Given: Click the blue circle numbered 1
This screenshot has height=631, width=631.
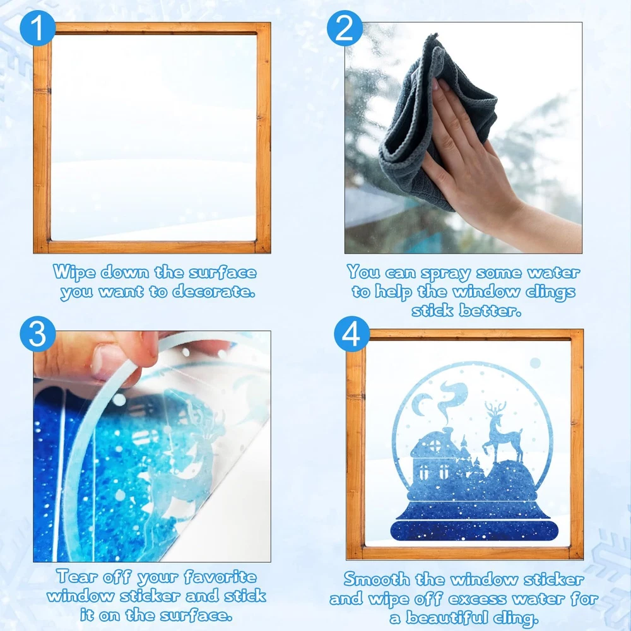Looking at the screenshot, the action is [x=37, y=28].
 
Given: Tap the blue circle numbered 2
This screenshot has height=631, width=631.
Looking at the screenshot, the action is [x=345, y=28].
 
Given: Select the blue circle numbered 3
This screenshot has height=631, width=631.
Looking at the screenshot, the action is [x=37, y=334].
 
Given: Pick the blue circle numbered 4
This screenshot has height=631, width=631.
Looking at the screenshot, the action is [x=351, y=334].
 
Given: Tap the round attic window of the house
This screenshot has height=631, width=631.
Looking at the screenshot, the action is [x=435, y=445].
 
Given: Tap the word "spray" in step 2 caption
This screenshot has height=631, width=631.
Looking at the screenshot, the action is [x=445, y=273].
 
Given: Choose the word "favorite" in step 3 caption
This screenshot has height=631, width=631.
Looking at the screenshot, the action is [x=220, y=576].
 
